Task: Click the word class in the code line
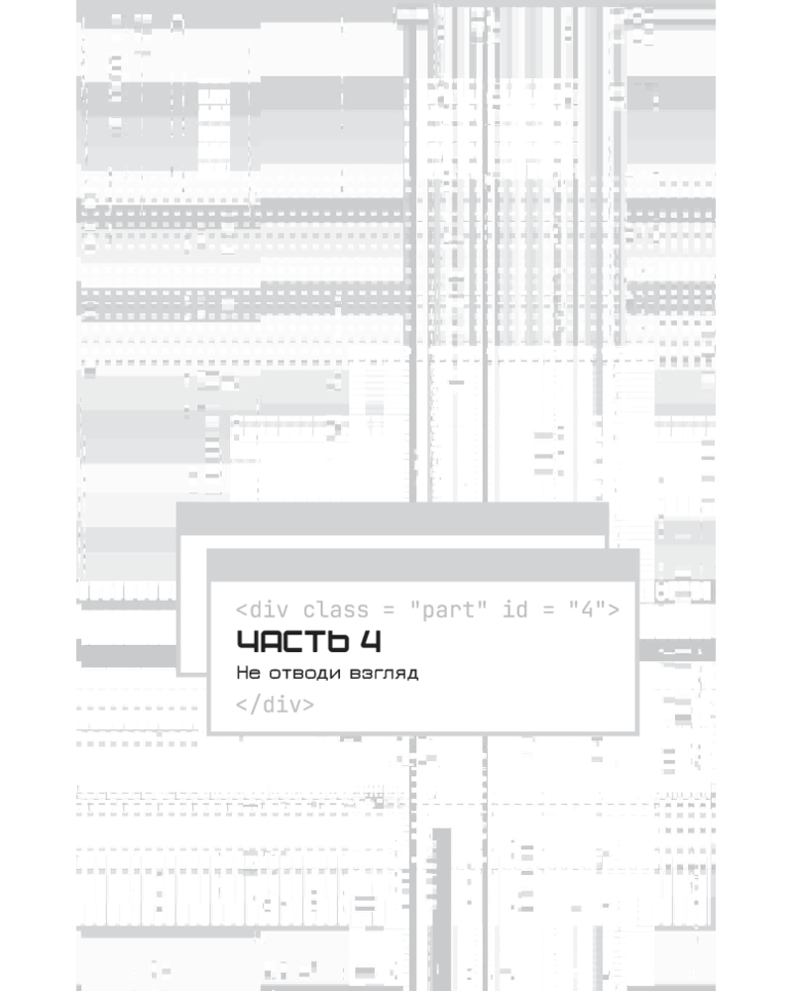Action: pyautogui.click(x=335, y=609)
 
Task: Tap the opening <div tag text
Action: pyautogui.click(x=263, y=609)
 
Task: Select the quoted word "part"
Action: pyautogui.click(x=448, y=609)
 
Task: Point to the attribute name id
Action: pyautogui.click(x=514, y=609)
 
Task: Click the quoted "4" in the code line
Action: pyautogui.click(x=588, y=609)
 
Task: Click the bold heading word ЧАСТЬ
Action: pyautogui.click(x=292, y=641)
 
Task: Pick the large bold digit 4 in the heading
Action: pyautogui.click(x=371, y=641)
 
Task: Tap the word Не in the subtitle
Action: pyautogui.click(x=248, y=673)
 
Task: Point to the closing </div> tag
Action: pyautogui.click(x=276, y=704)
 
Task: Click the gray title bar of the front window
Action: pyautogui.click(x=423, y=565)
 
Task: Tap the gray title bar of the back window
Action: pyautogui.click(x=393, y=519)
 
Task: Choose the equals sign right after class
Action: pyautogui.click(x=389, y=610)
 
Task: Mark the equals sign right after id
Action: pyautogui.click(x=548, y=610)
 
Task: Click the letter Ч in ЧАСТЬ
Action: pyautogui.click(x=247, y=641)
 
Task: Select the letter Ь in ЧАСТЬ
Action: pyautogui.click(x=338, y=641)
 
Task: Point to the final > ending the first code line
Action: pyautogui.click(x=614, y=609)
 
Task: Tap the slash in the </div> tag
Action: pyautogui.click(x=255, y=704)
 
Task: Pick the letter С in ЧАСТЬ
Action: pyautogui.click(x=293, y=641)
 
